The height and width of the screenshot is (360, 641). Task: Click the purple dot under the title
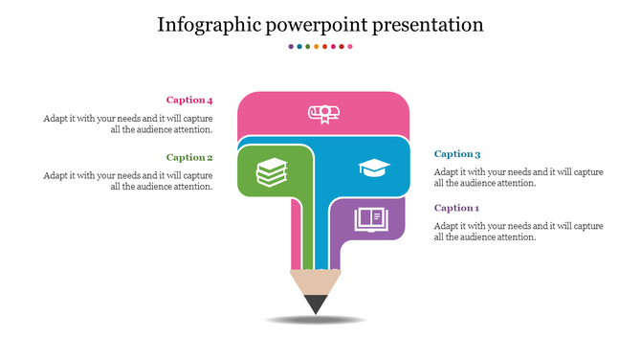[x=291, y=46]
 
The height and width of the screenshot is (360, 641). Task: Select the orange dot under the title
[x=316, y=46]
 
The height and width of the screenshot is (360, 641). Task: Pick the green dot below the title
[x=307, y=46]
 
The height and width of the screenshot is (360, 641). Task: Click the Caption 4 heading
[x=189, y=100]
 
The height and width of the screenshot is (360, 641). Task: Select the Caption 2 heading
[x=189, y=157]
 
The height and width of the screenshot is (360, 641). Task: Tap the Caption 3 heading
[x=457, y=153]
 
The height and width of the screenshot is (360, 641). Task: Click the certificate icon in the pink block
[x=323, y=114]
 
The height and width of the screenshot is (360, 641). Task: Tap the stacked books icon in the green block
[x=272, y=172]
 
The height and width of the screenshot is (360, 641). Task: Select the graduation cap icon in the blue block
[x=374, y=168]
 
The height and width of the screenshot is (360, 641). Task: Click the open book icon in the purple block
[x=371, y=219]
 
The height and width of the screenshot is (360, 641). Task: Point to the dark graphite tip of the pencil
[x=315, y=304]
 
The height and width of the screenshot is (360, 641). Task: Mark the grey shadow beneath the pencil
[x=315, y=319]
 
